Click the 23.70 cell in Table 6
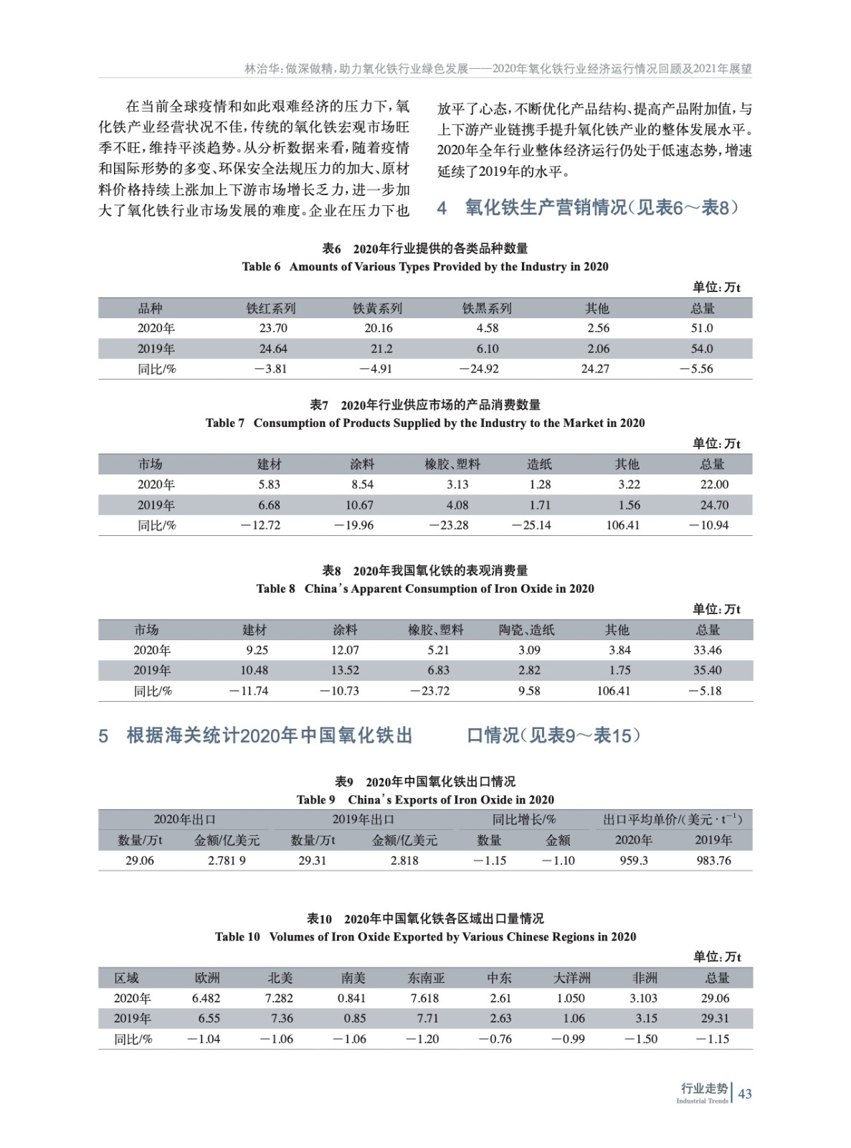point(273,328)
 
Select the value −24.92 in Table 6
point(479,369)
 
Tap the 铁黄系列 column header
point(377,309)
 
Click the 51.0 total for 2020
point(702,328)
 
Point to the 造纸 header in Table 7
point(539,464)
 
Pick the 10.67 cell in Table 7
point(359,505)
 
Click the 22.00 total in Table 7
point(714,484)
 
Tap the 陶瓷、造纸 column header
point(527,630)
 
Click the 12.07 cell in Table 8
point(345,650)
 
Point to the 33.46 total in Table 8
point(708,650)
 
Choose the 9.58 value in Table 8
point(529,691)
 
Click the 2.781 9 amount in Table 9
point(227,860)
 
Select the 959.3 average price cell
point(634,860)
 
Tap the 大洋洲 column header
point(571,978)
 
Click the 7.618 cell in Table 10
point(424,998)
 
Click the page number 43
point(745,1093)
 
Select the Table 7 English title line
point(425,423)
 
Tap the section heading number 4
point(442,208)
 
